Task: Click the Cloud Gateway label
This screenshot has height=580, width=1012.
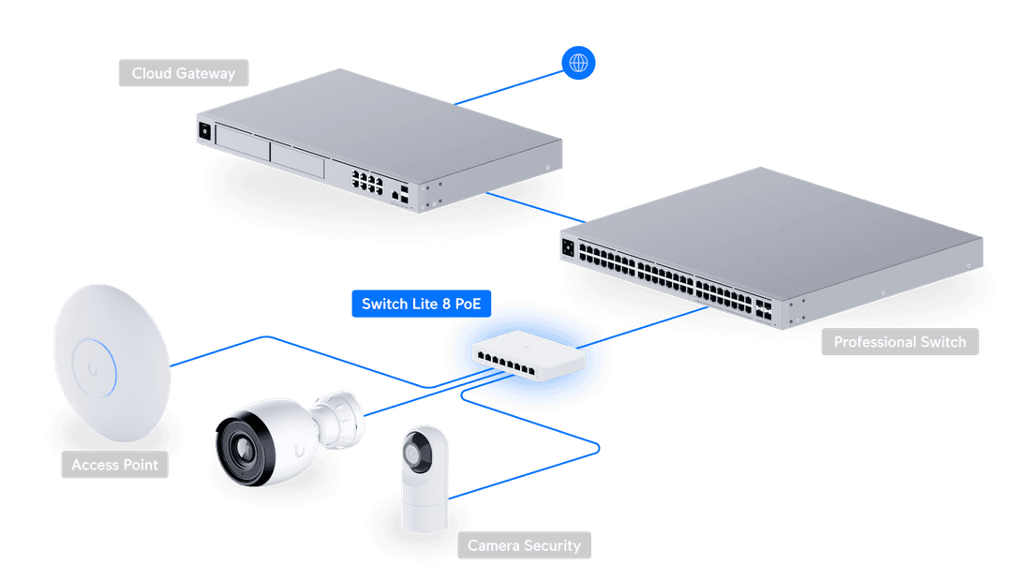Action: [x=183, y=73]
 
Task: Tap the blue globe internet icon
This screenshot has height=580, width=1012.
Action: [x=578, y=63]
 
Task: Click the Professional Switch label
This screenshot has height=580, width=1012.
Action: [x=900, y=342]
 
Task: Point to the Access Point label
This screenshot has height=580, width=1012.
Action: [x=114, y=465]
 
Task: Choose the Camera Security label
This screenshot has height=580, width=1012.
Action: [x=524, y=545]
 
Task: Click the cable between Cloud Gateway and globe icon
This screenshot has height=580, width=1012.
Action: [x=511, y=86]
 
